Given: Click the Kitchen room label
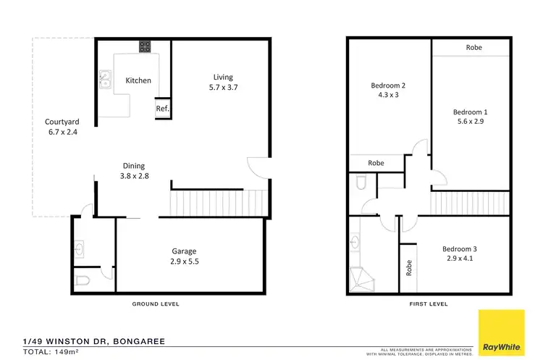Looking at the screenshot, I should coord(138,80).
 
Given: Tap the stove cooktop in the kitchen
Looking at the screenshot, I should coord(145,47).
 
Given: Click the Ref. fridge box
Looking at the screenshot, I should coord(162,109).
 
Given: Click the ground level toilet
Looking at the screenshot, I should coord(83,280).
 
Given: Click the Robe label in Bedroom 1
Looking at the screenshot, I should coord(474,48).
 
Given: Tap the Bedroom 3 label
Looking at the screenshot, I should coord(459,249).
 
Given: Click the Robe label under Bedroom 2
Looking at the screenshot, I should coord(376,164).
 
